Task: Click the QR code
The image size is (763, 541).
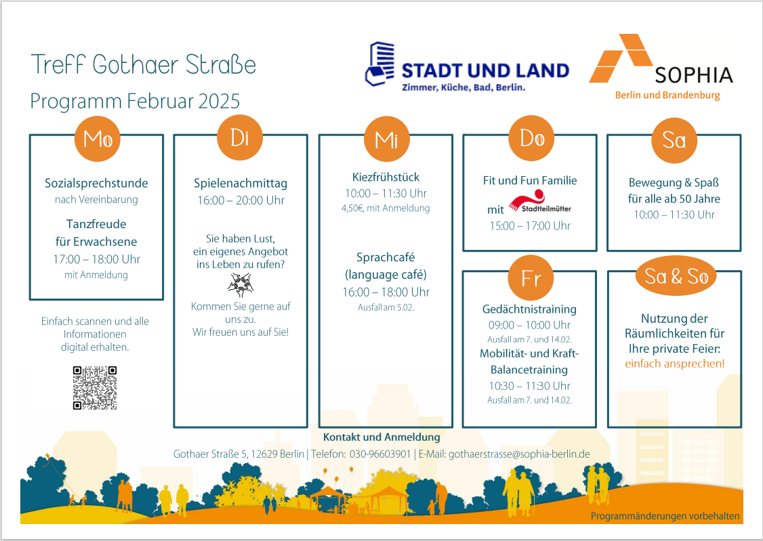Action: (x=95, y=388)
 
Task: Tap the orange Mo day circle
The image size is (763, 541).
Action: (x=98, y=139)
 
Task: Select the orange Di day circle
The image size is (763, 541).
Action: (x=240, y=137)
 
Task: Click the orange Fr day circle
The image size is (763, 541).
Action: (x=531, y=278)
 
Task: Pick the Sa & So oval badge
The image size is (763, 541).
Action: (x=676, y=276)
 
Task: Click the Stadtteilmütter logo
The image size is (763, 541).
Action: (x=540, y=202)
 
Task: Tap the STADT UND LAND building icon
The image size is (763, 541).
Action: (x=380, y=64)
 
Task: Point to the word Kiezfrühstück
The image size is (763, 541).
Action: (x=386, y=177)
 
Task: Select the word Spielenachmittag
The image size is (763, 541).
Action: (x=241, y=183)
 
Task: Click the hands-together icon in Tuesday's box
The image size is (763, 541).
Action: (x=241, y=285)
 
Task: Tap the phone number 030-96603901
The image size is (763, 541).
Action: (x=380, y=454)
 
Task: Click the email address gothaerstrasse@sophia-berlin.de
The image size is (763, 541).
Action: (x=519, y=454)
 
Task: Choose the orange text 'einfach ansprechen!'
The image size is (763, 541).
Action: (x=674, y=364)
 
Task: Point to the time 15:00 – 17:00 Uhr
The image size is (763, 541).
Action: (x=530, y=225)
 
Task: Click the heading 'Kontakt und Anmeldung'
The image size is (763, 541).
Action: (x=381, y=437)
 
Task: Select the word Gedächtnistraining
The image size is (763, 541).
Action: (x=529, y=309)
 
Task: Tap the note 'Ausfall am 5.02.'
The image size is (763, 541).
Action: (x=386, y=307)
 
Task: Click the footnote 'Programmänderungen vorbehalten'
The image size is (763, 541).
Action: (x=665, y=516)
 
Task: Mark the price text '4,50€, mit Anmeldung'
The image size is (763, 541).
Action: (x=386, y=208)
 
